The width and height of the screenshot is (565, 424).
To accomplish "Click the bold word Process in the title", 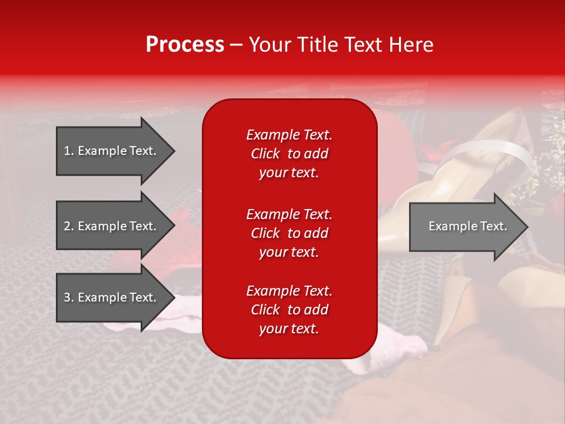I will coord(185,45).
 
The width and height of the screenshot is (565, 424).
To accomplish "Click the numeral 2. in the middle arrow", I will coord(69,226).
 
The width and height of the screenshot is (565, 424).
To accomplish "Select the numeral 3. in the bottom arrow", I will coord(69,297).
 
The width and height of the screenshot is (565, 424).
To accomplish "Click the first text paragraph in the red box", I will coord(289,154).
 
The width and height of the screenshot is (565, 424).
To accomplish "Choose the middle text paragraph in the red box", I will coord(289,233).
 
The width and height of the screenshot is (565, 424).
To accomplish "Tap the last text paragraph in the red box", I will coord(289,310).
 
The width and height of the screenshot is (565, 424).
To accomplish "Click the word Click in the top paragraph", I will coord(265,154).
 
